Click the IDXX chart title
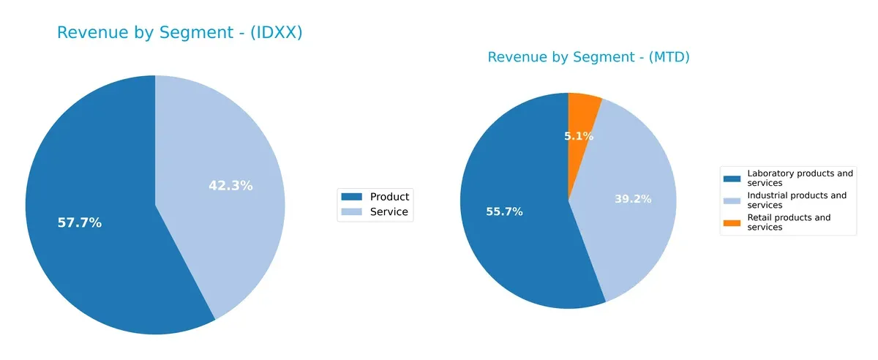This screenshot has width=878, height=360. pos(179,33)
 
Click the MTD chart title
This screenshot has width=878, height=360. pos(588,57)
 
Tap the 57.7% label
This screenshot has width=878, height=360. pos(79,223)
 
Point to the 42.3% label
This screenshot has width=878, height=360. pos(230,186)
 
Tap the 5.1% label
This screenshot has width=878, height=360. pos(579,136)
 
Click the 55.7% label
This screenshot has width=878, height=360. pos(504,212)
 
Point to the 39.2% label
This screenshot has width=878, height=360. pos(633,199)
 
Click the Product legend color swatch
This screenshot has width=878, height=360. pos(352,197)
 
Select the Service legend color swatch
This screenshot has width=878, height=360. pos(352,213)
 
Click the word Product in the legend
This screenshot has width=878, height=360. pos(389,197)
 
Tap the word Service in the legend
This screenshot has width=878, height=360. pos(389,213)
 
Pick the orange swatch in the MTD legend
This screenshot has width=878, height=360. pos(732,222)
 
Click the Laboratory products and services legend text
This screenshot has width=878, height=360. pos(800,179)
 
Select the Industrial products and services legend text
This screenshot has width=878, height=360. pos(797,200)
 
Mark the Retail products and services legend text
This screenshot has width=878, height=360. pos(789,222)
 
